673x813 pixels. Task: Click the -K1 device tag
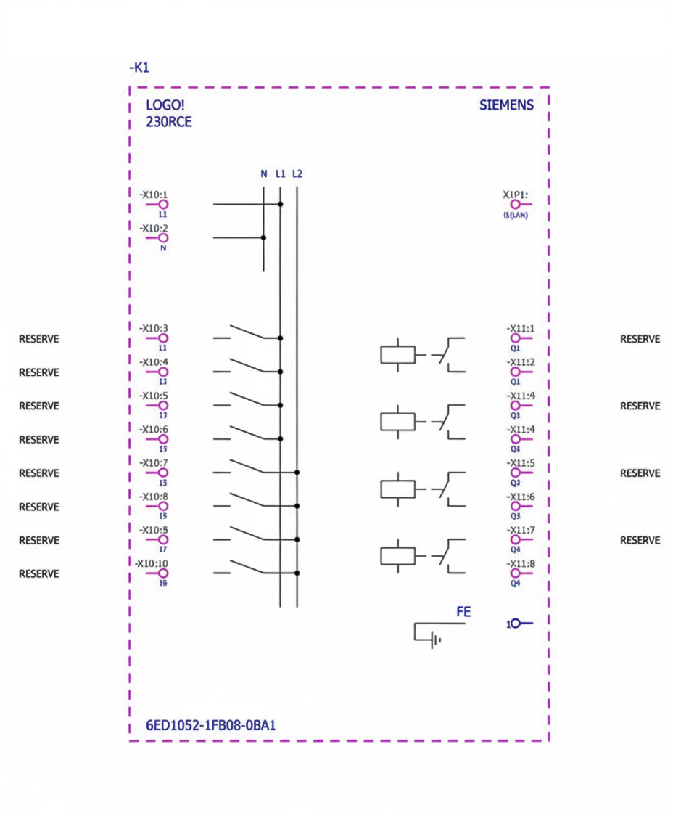[x=139, y=68]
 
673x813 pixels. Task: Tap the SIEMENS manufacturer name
[x=506, y=105]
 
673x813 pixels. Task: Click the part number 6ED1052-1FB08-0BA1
[x=211, y=725]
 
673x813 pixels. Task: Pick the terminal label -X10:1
[x=154, y=195]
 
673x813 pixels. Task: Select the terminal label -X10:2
[x=154, y=228]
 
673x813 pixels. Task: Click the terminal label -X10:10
[x=152, y=563]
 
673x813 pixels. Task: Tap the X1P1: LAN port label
[x=515, y=195]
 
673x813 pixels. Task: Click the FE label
[x=463, y=612]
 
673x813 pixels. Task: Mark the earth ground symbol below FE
[x=434, y=640]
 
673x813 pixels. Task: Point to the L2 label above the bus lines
[x=297, y=173]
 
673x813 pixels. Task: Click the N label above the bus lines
[x=263, y=173]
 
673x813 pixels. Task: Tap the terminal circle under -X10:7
[x=163, y=473]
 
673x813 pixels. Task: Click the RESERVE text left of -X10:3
[x=38, y=339]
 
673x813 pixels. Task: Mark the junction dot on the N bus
[x=263, y=237]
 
